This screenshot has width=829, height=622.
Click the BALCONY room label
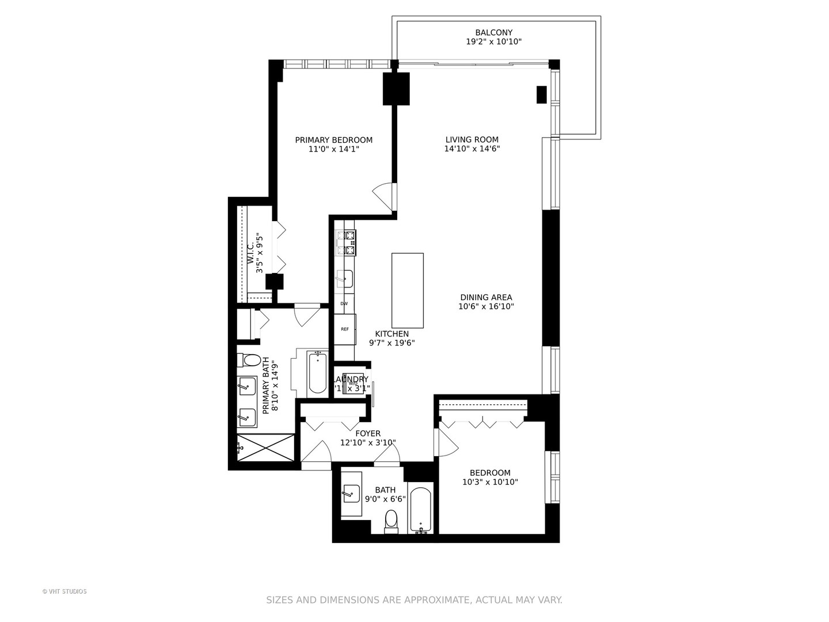point(493,33)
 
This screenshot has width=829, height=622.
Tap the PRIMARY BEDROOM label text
point(333,140)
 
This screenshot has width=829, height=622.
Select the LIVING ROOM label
point(471,139)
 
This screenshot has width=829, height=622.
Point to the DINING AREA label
point(486,298)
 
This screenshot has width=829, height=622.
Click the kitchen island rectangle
point(408,290)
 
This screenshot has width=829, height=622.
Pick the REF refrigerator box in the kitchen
point(345,329)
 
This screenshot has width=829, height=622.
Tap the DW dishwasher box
point(344,304)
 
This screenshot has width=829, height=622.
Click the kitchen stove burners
point(346,242)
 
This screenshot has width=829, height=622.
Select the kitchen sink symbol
point(344,279)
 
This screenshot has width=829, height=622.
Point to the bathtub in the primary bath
point(317,373)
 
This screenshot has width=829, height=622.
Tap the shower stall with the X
point(266,447)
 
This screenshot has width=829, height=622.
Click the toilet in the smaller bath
point(391,519)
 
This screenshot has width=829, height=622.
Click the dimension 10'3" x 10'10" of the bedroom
point(490,482)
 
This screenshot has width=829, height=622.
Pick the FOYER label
point(368,434)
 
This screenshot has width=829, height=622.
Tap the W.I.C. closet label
point(250,253)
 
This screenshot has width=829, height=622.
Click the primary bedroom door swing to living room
point(383,196)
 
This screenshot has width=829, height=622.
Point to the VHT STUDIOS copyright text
point(64,591)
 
